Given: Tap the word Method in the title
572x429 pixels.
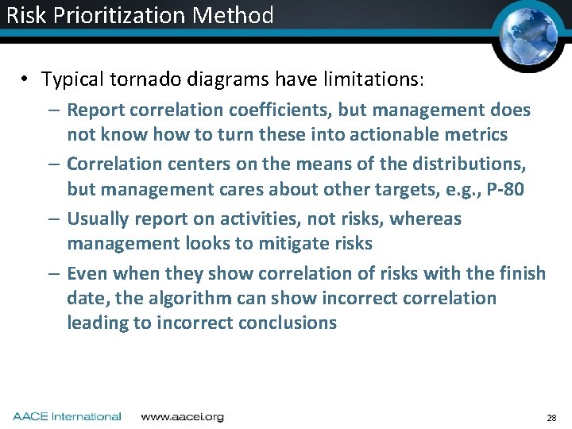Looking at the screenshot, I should [238, 15].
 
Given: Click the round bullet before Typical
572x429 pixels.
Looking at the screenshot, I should [25, 79].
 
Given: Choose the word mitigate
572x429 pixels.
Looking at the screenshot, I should [292, 244].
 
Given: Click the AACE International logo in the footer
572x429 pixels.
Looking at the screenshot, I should [67, 416].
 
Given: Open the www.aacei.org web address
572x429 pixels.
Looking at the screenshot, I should [182, 416].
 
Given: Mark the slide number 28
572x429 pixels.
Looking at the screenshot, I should [551, 417].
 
